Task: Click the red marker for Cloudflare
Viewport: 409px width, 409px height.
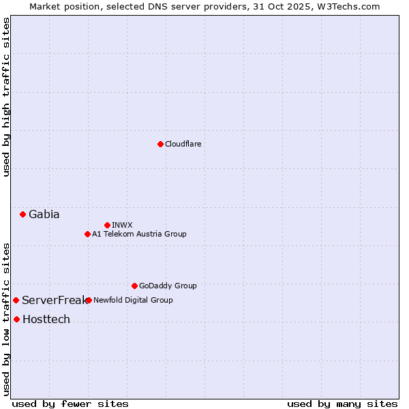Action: tap(160, 144)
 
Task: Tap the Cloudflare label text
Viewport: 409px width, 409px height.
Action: tap(183, 144)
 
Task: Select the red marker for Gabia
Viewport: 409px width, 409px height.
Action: tap(22, 214)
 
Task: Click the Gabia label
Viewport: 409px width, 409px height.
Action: tap(44, 214)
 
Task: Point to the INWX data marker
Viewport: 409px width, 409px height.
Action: tap(107, 225)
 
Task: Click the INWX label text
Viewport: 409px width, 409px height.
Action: tap(122, 225)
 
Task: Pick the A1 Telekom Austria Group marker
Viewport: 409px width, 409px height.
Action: tap(87, 234)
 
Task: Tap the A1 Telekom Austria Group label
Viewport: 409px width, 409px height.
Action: tap(139, 234)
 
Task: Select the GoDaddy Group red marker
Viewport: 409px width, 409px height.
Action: tap(134, 286)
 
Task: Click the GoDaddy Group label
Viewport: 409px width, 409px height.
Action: tap(167, 286)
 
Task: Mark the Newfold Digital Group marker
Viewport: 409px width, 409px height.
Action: tap(89, 300)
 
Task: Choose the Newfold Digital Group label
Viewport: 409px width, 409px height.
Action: tap(133, 300)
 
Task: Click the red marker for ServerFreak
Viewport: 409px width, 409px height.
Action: tap(16, 300)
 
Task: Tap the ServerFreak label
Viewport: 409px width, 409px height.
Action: tap(54, 300)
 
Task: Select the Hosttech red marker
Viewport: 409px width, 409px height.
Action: tap(16, 319)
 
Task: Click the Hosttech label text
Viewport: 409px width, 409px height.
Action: tap(46, 319)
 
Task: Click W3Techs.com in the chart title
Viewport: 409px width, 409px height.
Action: tap(348, 6)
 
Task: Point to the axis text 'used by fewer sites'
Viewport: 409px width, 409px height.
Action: tap(70, 404)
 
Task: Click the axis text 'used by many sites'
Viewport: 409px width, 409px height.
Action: tap(342, 404)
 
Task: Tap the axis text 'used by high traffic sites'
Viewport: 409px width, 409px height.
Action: tap(6, 97)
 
